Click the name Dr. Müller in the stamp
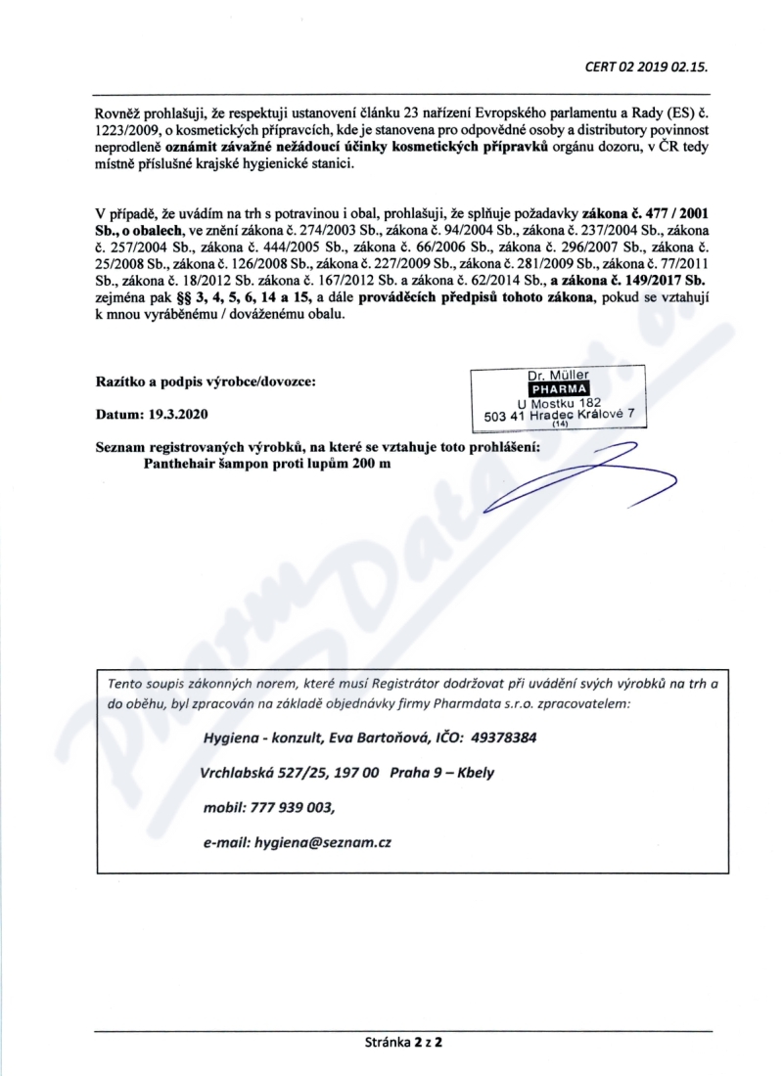(x=556, y=375)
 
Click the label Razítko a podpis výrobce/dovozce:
(x=206, y=380)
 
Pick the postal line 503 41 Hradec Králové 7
(x=561, y=415)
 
